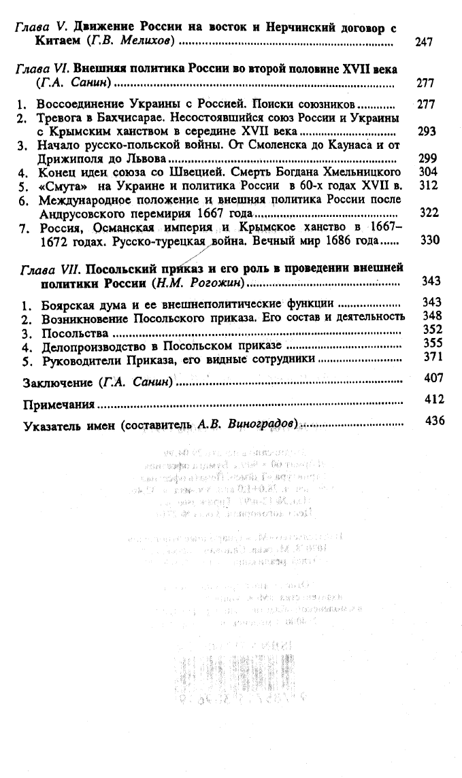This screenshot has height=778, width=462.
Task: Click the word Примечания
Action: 60,405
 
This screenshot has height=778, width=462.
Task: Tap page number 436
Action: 433,421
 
